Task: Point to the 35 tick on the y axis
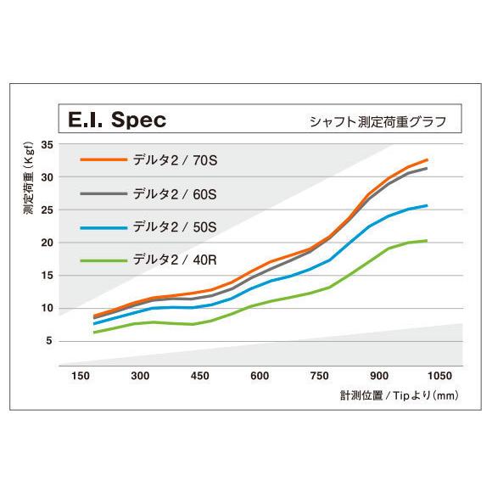pos(47,145)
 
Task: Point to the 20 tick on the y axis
pos(47,243)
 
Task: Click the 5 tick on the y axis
pos(49,341)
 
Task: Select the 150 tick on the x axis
pos(81,375)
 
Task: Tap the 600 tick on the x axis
pos(260,375)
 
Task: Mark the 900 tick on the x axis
pos(379,375)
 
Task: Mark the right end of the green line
pos(427,241)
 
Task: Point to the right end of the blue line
pos(427,205)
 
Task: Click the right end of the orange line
pos(428,159)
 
